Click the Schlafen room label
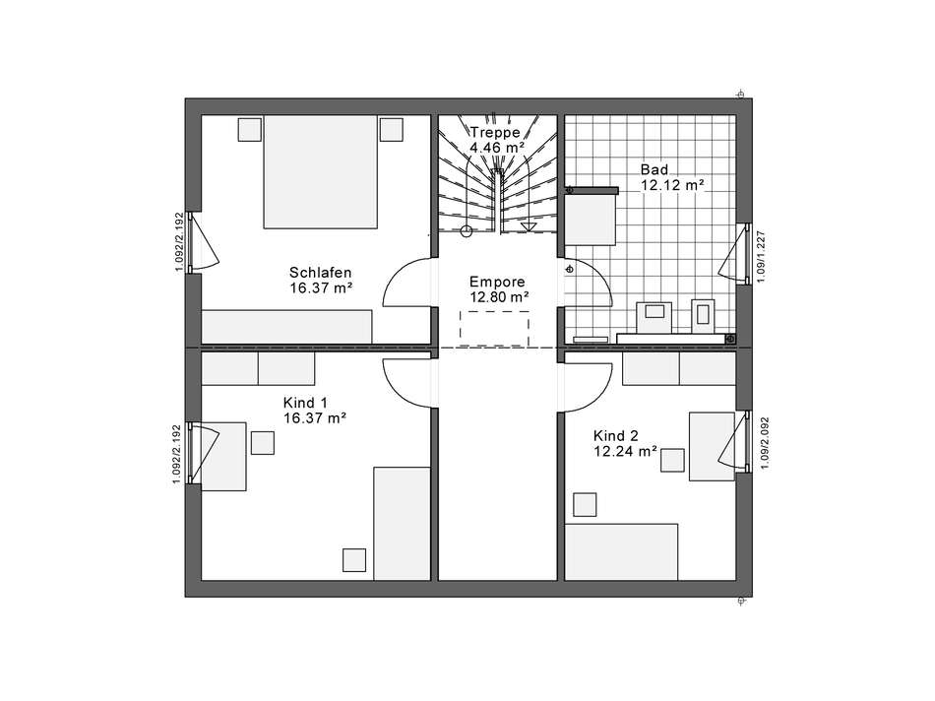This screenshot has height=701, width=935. [x=320, y=273]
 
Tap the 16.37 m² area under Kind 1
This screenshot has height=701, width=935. [x=315, y=418]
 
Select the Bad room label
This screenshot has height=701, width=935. [x=654, y=169]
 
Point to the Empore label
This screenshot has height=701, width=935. [x=497, y=282]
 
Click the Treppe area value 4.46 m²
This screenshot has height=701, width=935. [x=497, y=148]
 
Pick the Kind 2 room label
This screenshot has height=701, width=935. [x=616, y=436]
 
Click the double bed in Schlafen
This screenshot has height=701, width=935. [x=320, y=172]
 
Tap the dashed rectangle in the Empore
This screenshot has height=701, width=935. [x=494, y=329]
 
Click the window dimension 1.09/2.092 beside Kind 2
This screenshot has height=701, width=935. [x=765, y=443]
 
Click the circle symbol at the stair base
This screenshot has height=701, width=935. [x=467, y=231]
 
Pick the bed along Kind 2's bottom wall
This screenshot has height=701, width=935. [x=621, y=552]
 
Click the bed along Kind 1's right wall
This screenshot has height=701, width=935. [x=402, y=523]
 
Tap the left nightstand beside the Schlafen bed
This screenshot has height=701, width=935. [x=250, y=129]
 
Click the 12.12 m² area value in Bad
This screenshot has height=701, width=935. [x=672, y=185]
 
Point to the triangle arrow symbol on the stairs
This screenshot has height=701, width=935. [x=529, y=226]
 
